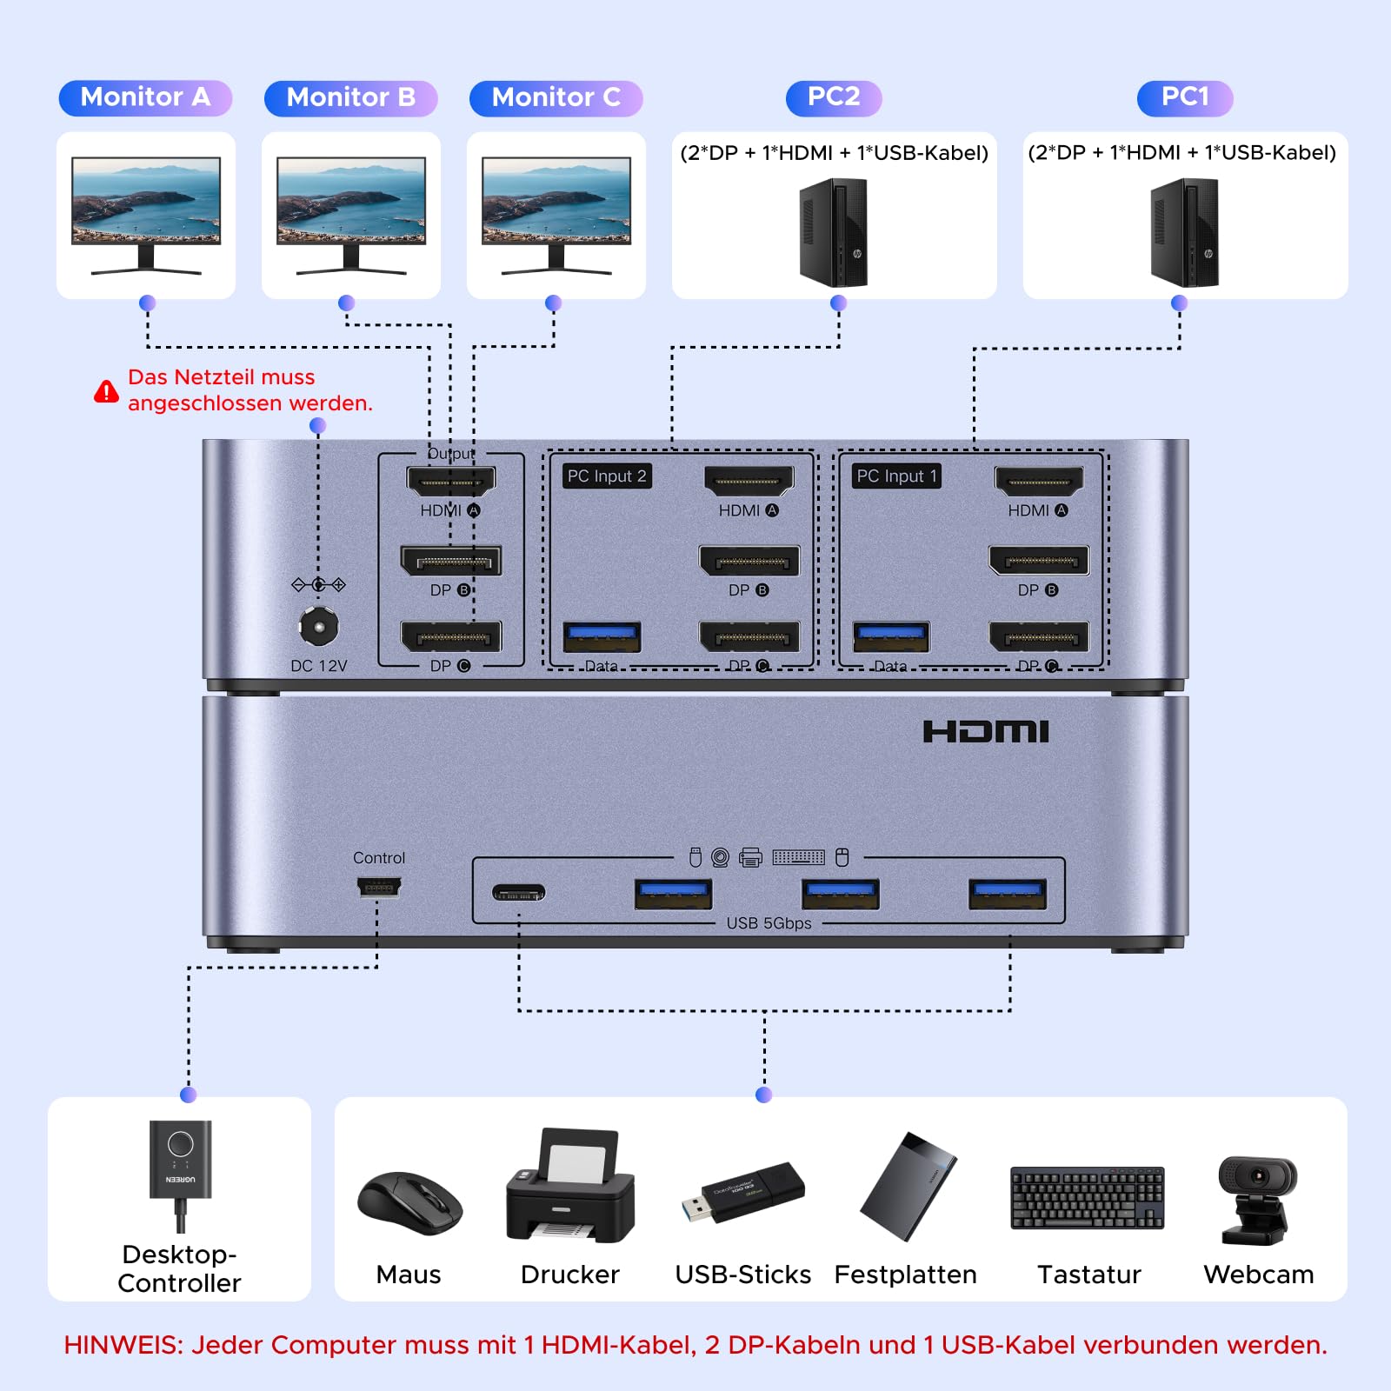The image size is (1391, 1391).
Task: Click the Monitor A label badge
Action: (145, 97)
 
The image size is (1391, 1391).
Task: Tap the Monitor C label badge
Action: (556, 97)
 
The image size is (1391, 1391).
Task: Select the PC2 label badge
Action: (833, 97)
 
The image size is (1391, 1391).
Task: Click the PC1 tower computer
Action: (1184, 233)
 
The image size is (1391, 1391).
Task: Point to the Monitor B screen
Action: (351, 200)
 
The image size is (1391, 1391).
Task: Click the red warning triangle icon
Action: (106, 392)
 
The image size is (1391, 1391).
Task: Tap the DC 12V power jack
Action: (318, 626)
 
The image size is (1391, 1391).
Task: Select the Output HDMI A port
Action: (450, 481)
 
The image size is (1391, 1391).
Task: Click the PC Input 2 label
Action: (607, 476)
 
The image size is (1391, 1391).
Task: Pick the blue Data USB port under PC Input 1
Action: (891, 636)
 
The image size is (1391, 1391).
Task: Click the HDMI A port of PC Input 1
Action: (1039, 481)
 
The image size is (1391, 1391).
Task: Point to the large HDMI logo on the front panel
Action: (986, 732)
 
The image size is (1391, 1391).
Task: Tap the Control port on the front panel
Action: (378, 888)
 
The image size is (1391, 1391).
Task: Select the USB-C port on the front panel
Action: (518, 893)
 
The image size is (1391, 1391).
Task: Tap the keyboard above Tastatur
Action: (1087, 1198)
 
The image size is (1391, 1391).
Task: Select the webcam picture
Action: (1257, 1200)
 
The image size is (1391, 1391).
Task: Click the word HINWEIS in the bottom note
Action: (122, 1345)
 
